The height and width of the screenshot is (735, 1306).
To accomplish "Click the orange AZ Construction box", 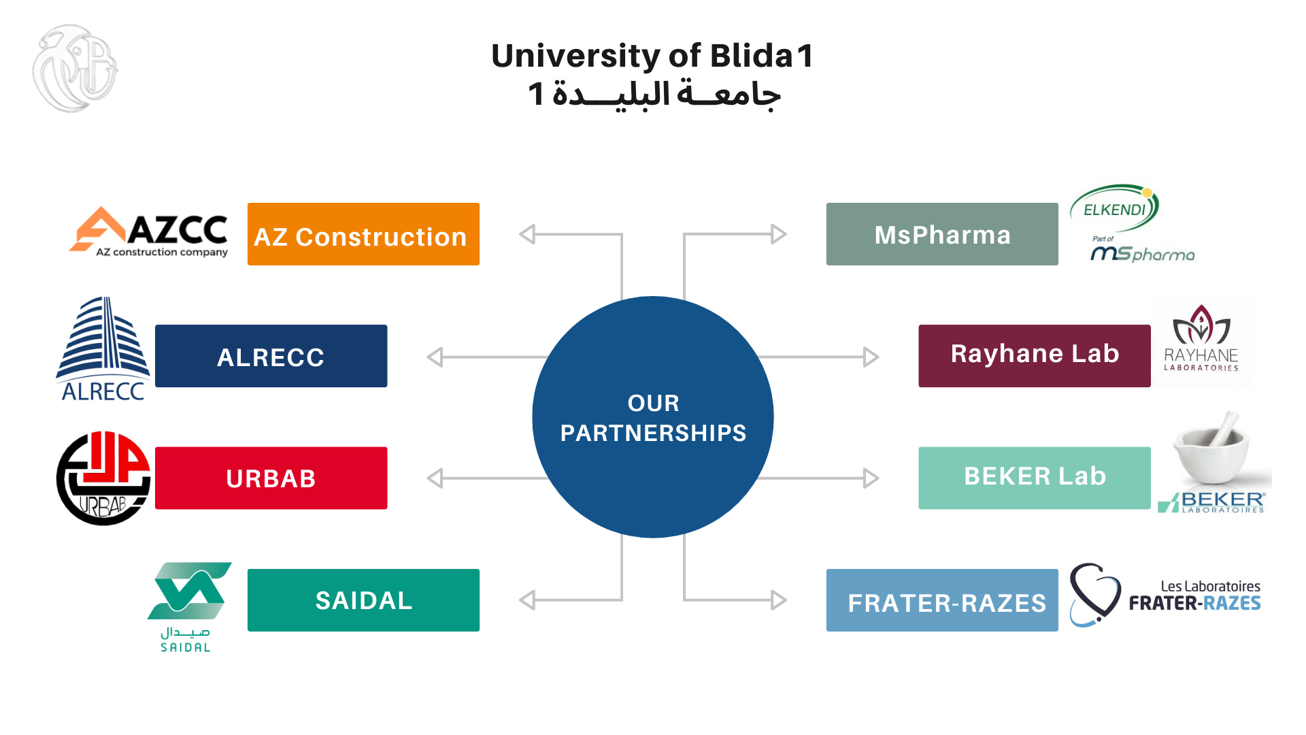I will [x=363, y=234].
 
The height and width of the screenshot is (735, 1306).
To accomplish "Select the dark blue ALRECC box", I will [x=271, y=356].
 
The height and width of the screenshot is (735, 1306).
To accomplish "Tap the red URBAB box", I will [x=271, y=478].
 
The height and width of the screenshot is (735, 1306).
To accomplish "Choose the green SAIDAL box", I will [x=363, y=600].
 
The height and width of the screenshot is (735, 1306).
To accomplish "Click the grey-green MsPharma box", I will [x=942, y=234].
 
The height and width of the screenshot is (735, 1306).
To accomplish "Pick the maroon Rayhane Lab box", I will [x=1034, y=356].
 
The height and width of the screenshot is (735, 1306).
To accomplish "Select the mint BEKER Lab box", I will [x=1034, y=478].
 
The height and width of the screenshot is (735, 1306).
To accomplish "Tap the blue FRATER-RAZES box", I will [x=942, y=600].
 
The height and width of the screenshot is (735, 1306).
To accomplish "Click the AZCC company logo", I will [x=150, y=232].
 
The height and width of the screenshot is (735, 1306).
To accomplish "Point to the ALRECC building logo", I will [x=103, y=348].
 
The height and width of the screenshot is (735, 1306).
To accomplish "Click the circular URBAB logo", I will [x=103, y=478].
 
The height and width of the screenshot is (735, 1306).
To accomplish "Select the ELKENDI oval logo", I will [x=1115, y=208].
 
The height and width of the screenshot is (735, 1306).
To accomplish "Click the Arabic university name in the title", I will [x=654, y=95].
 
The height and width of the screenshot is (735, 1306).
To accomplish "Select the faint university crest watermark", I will [x=75, y=68].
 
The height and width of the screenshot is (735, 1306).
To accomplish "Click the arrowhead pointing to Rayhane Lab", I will [x=871, y=357].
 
